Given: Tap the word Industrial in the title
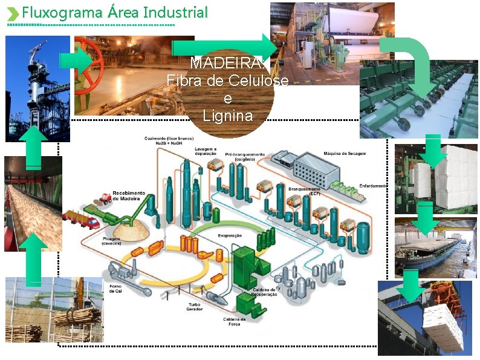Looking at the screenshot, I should [x=180, y=12].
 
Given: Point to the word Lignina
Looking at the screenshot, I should [x=227, y=116].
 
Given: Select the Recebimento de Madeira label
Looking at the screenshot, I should [x=129, y=196].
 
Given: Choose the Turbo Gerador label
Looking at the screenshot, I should [x=195, y=306].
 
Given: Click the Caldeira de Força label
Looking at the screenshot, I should [x=234, y=321].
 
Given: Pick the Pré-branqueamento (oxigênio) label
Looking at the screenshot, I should [x=245, y=156].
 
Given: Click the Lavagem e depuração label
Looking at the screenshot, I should [x=206, y=151].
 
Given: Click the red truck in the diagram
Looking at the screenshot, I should [x=89, y=222].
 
